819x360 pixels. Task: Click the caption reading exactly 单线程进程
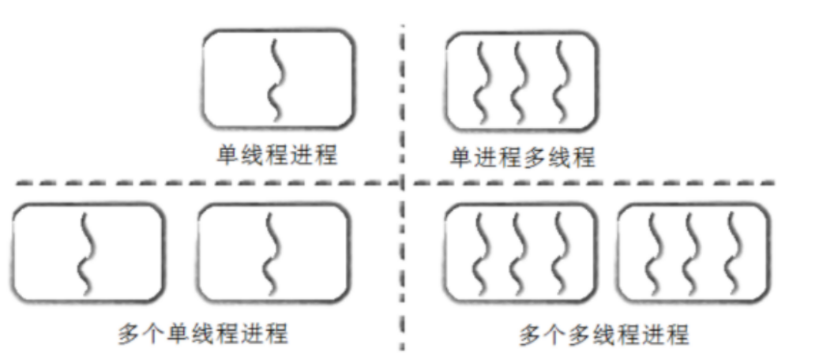(277, 156)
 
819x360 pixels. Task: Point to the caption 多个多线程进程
(603, 335)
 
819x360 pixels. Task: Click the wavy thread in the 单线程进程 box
(277, 77)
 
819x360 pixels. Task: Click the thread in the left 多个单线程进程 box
(86, 251)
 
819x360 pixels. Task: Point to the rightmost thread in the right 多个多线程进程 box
(734, 251)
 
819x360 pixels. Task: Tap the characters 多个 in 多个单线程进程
(132, 334)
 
